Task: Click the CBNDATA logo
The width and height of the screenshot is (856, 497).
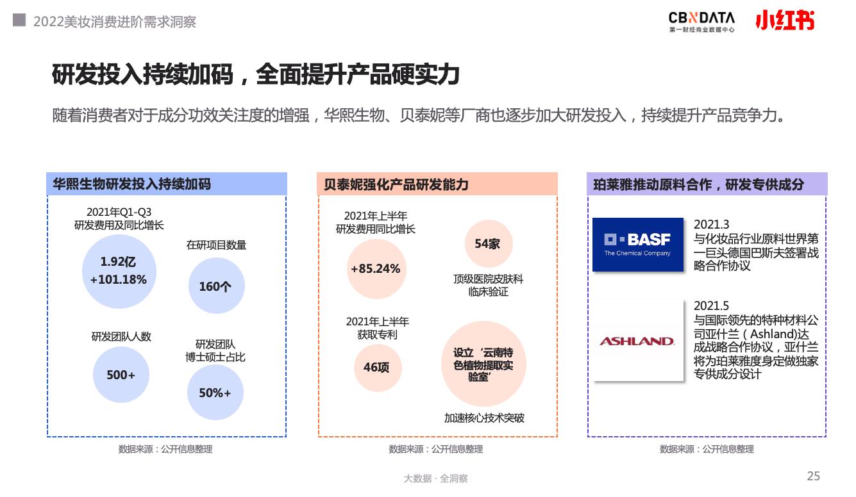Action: tap(701, 22)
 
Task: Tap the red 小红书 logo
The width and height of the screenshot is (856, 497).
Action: tap(785, 20)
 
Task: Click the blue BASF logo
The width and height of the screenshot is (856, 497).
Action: tap(638, 245)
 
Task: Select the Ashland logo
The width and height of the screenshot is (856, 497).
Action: tap(637, 341)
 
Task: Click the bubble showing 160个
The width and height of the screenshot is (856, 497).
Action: tap(216, 286)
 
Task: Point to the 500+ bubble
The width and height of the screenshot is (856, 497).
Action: tap(121, 375)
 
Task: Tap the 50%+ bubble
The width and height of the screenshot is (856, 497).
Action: tap(215, 393)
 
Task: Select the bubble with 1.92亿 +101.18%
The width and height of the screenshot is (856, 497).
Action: tap(119, 271)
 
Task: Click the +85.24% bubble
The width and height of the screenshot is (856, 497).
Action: tap(376, 269)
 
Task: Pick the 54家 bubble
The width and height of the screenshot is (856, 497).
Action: tap(489, 243)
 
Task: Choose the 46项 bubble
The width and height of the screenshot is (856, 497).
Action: tap(378, 367)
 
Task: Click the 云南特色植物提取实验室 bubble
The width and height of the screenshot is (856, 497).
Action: tap(483, 363)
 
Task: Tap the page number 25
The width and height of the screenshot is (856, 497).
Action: tap(813, 476)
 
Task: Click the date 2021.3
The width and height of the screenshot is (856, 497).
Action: tap(711, 224)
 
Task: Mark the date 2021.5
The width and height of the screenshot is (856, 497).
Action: tap(711, 306)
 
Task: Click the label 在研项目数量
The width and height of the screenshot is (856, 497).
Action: tap(216, 245)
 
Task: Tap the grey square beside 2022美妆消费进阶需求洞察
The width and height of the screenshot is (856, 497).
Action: tap(19, 20)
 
